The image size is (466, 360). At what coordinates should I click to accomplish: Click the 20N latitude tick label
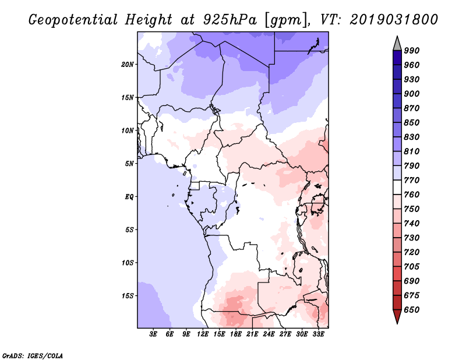pyautogui.click(x=127, y=64)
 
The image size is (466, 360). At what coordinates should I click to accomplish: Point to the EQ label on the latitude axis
pyautogui.click(x=129, y=196)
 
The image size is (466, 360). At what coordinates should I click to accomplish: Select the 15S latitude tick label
pyautogui.click(x=127, y=295)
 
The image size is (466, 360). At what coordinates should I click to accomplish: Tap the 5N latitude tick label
pyautogui.click(x=129, y=164)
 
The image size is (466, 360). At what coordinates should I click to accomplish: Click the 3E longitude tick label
pyautogui.click(x=154, y=334)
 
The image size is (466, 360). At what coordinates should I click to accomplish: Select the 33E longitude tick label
pyautogui.click(x=319, y=334)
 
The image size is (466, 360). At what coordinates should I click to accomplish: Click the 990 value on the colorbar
pyautogui.click(x=412, y=51)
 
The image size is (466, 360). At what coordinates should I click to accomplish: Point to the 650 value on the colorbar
pyautogui.click(x=412, y=310)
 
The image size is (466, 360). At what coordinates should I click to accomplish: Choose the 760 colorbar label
pyautogui.click(x=412, y=195)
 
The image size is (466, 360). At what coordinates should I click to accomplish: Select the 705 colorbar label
pyautogui.click(x=412, y=266)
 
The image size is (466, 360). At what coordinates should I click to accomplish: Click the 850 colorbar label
pyautogui.click(x=412, y=122)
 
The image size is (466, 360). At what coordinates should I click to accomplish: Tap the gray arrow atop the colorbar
pyautogui.click(x=397, y=43)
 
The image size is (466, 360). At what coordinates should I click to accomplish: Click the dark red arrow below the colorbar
pyautogui.click(x=397, y=316)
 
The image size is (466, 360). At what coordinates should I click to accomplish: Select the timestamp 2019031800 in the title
pyautogui.click(x=394, y=20)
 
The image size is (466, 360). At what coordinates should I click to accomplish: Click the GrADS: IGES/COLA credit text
pyautogui.click(x=24, y=355)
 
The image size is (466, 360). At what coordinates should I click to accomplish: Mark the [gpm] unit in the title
pyautogui.click(x=284, y=20)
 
